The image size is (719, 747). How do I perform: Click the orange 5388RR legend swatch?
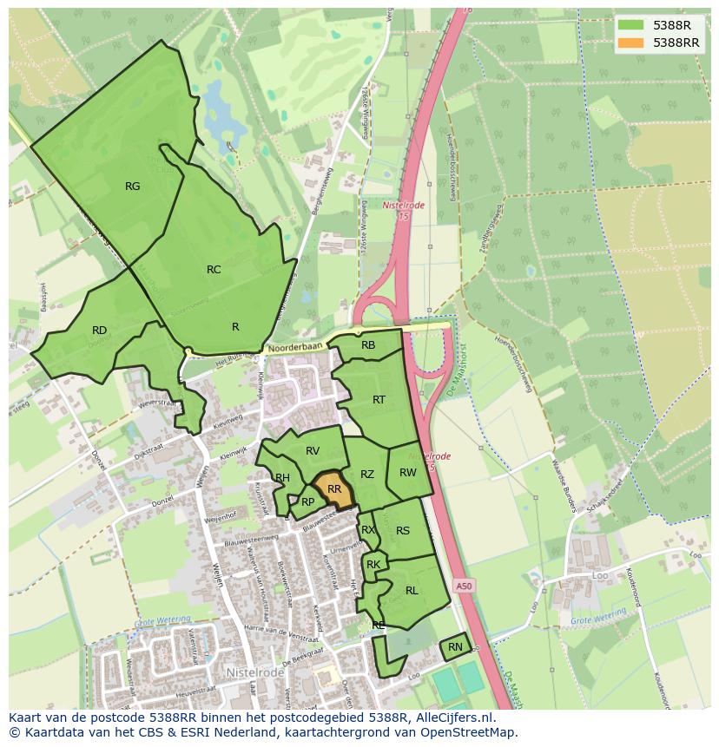pyautogui.click(x=631, y=43)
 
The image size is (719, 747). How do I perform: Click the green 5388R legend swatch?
pyautogui.click(x=631, y=24)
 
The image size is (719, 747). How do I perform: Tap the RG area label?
pyautogui.click(x=132, y=186)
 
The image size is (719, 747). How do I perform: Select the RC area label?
pyautogui.click(x=214, y=270)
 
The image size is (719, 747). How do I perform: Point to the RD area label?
pyautogui.click(x=99, y=331)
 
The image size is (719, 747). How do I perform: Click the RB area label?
pyautogui.click(x=368, y=345)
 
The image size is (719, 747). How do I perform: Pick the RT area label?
pyautogui.click(x=379, y=400)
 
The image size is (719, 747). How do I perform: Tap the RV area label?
pyautogui.click(x=313, y=450)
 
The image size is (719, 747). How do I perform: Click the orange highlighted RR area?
pyautogui.click(x=333, y=489)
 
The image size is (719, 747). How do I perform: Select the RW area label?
pyautogui.click(x=408, y=473)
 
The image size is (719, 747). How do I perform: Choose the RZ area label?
pyautogui.click(x=367, y=475)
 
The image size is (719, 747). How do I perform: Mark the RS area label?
pyautogui.click(x=403, y=531)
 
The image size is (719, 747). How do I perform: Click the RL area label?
pyautogui.click(x=412, y=591)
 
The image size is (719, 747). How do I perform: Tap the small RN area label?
pyautogui.click(x=455, y=647)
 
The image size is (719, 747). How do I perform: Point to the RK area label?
pyautogui.click(x=373, y=565)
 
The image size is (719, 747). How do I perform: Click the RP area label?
pyautogui.click(x=307, y=501)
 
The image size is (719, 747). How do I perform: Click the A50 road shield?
pyautogui.click(x=465, y=586)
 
